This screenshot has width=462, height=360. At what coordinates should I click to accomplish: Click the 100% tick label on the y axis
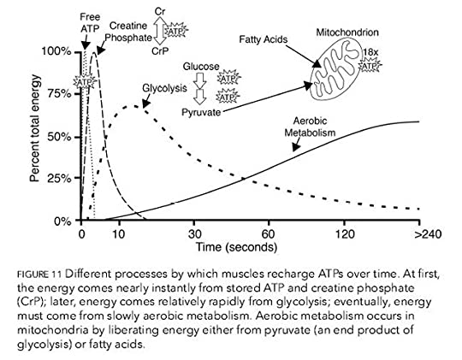click(x=56, y=51)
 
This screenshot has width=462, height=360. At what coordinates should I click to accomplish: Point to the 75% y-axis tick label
click(x=59, y=94)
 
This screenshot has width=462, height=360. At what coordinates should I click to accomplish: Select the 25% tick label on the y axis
click(x=59, y=179)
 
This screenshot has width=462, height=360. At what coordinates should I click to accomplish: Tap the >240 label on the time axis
click(x=428, y=234)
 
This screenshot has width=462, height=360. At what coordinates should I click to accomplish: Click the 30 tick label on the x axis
click(x=194, y=234)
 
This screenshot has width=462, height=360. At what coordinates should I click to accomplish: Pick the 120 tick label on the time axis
click(x=345, y=234)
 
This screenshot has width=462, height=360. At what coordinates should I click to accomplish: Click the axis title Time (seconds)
click(x=237, y=247)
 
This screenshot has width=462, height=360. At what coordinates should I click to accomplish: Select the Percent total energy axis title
click(x=35, y=128)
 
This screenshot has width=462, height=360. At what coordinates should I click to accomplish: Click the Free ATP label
click(x=90, y=23)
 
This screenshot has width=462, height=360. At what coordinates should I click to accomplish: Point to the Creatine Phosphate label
click(x=128, y=32)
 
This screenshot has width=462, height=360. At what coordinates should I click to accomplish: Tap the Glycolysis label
click(x=164, y=88)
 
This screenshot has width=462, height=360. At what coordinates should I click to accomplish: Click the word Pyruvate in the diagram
click(x=201, y=112)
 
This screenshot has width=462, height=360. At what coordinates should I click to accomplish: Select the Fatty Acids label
click(x=264, y=39)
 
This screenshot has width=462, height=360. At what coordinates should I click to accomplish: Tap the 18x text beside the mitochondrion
click(x=370, y=52)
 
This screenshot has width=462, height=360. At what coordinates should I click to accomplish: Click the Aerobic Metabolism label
click(x=310, y=127)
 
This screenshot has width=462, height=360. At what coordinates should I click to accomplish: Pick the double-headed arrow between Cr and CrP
click(x=160, y=31)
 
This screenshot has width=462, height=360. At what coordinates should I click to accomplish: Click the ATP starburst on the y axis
click(x=85, y=82)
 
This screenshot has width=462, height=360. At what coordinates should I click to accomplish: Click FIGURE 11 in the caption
click(x=39, y=274)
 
